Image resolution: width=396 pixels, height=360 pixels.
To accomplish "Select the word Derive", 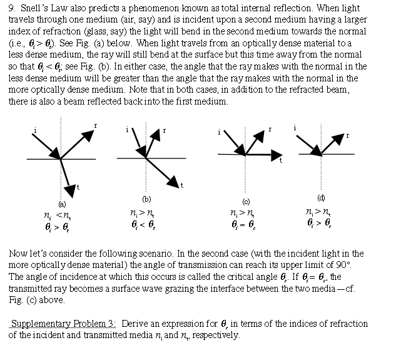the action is point(135,324).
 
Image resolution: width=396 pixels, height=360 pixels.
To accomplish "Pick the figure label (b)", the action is point(146,199).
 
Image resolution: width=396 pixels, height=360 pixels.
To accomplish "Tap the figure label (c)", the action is point(246,201).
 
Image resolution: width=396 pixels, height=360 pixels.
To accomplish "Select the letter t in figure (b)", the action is point(181,186).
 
